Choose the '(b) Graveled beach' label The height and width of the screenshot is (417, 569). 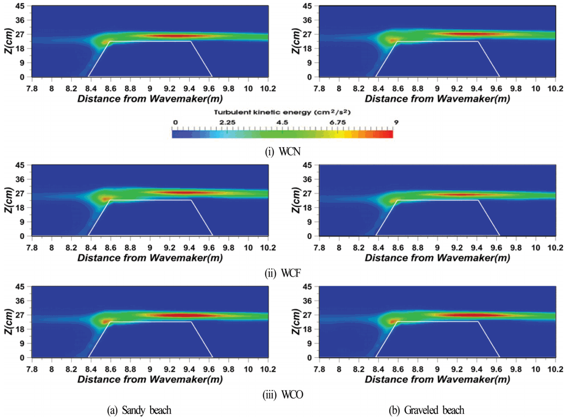point(431,410)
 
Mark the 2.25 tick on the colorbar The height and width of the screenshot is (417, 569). point(228,122)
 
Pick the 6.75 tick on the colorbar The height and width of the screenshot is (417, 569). point(338,122)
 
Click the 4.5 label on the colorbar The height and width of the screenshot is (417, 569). point(283,122)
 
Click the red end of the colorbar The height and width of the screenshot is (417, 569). point(389,134)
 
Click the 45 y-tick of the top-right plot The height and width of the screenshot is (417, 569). point(306,6)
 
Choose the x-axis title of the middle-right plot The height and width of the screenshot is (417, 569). point(437,258)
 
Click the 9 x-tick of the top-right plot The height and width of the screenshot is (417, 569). point(437,87)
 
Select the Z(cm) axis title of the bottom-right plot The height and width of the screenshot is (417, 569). point(295,321)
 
